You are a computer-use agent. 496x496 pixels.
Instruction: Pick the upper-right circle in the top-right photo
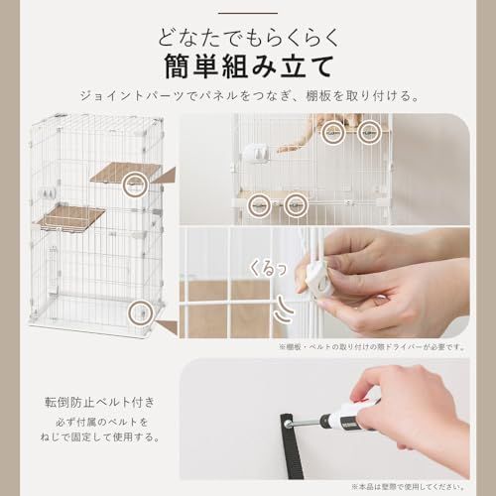pos(369,128)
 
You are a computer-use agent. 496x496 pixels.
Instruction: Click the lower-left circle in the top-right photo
pos(258,204)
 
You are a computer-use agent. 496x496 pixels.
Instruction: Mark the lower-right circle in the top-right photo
pos(294,204)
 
